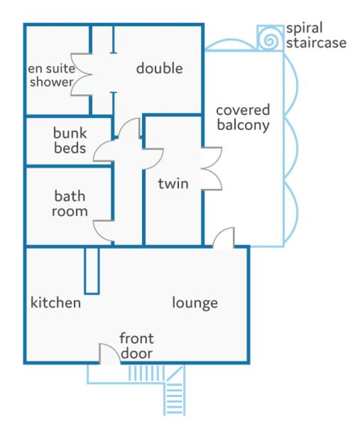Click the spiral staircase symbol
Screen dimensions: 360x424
pyautogui.click(x=270, y=38)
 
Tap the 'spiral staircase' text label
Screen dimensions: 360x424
pyautogui.click(x=316, y=36)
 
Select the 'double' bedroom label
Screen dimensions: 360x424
pyautogui.click(x=160, y=68)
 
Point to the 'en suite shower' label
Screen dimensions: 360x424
pyautogui.click(x=51, y=75)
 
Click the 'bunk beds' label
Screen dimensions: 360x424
pyautogui.click(x=70, y=141)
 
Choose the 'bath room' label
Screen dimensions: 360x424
pyautogui.click(x=70, y=204)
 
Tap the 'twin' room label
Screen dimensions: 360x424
pyautogui.click(x=173, y=184)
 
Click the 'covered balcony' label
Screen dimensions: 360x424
pyautogui.click(x=243, y=117)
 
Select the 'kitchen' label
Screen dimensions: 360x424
pyautogui.click(x=55, y=303)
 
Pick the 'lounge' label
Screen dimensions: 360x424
pyautogui.click(x=195, y=303)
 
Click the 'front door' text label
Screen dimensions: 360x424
pyautogui.click(x=137, y=346)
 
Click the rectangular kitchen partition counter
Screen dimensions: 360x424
pyautogui.click(x=92, y=271)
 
